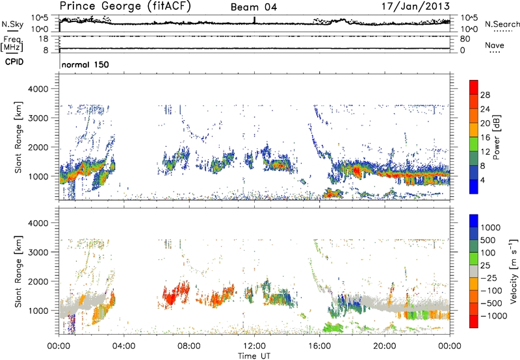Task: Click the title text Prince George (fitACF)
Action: (x=120, y=6)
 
